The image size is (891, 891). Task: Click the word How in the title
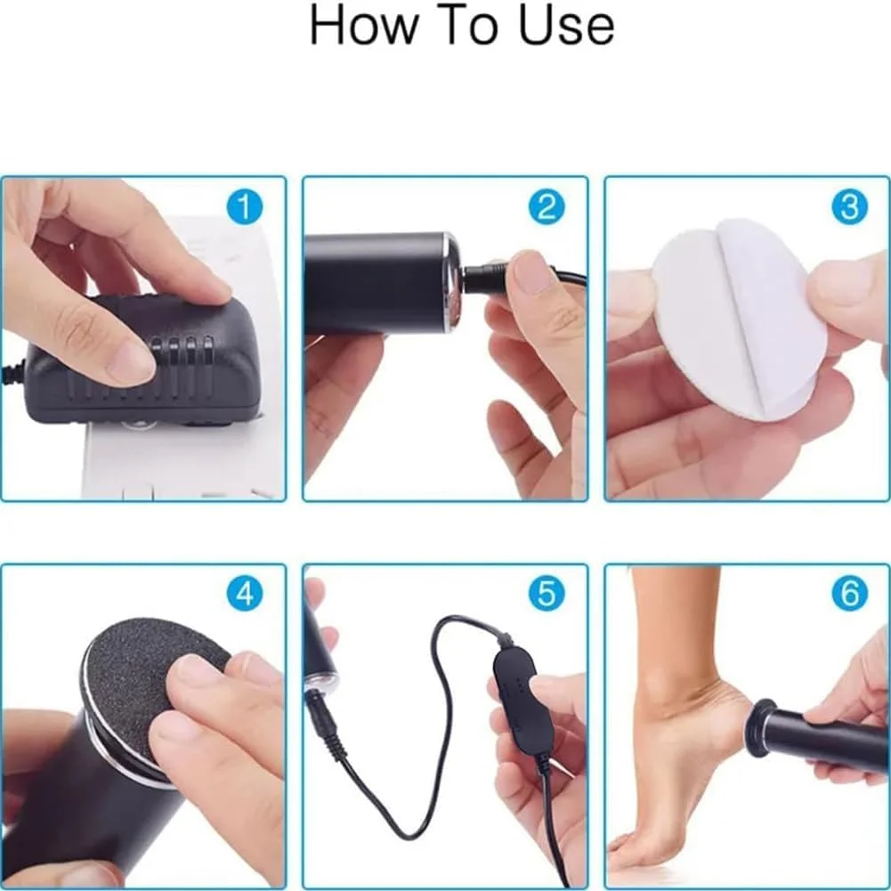[362, 26]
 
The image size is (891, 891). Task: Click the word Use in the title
[566, 26]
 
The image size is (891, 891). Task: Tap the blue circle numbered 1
[245, 207]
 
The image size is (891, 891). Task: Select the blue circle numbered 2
[547, 207]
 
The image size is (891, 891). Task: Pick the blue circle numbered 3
[849, 207]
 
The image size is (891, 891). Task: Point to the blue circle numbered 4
[245, 593]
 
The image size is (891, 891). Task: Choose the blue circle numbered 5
[547, 593]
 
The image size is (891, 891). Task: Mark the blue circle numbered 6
[849, 593]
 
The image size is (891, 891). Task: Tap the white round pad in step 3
[739, 319]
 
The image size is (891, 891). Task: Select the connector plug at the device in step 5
[325, 719]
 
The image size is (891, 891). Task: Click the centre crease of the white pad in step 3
[739, 319]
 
